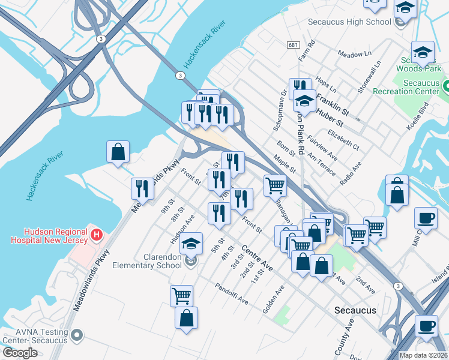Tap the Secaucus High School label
pyautogui.click(x=349, y=22)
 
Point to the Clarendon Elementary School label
pyautogui.click(x=154, y=261)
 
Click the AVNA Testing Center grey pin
pyautogui.click(x=76, y=335)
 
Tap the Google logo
pyautogui.click(x=20, y=352)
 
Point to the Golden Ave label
pyautogui.click(x=273, y=298)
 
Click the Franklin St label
pyautogui.click(x=333, y=103)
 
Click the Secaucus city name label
pyautogui.click(x=355, y=310)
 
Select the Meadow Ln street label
pyautogui.click(x=354, y=54)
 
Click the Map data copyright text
pyautogui.click(x=423, y=355)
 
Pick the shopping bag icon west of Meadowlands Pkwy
pyautogui.click(x=118, y=152)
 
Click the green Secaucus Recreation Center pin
pyautogui.click(x=446, y=86)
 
